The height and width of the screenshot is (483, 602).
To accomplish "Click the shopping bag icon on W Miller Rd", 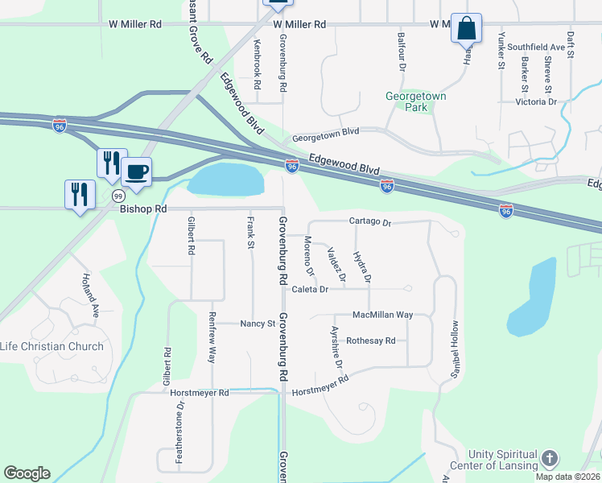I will (x=466, y=28).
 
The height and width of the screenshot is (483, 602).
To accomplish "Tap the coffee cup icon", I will (x=136, y=171).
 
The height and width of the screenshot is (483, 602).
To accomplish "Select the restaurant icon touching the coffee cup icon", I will (x=111, y=163).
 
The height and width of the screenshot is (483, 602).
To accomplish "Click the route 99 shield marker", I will (x=118, y=196).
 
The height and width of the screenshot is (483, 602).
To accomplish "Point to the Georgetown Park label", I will (x=416, y=101).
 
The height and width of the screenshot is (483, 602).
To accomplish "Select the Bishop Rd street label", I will (x=142, y=208).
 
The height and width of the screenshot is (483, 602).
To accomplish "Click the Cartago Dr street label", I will (x=369, y=221).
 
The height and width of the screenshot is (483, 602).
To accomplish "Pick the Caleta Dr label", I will (x=311, y=289).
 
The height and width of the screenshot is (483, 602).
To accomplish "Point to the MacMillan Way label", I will (x=382, y=315).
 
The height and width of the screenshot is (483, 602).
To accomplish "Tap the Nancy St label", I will (x=258, y=324).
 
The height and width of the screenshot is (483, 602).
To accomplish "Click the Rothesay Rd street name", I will (x=370, y=341).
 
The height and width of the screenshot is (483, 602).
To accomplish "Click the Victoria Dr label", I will (x=536, y=102).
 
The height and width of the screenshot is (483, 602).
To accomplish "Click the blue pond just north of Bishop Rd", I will (x=226, y=179).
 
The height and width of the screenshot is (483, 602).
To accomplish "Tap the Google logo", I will (x=27, y=473).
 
